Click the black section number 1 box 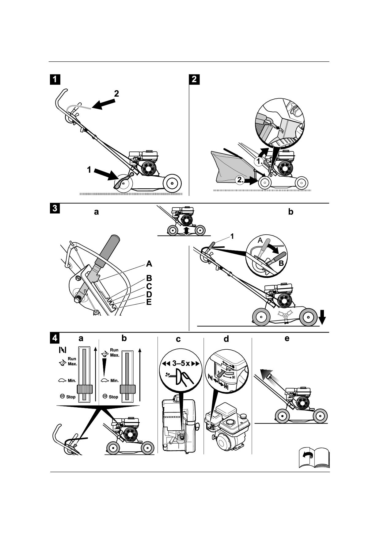coord(55,79)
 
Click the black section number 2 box coord(194,79)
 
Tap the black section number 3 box coord(55,208)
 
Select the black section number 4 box coord(55,338)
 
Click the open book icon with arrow coord(314,457)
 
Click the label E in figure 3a coord(149,302)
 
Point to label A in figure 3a coord(149,264)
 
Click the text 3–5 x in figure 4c coord(180,363)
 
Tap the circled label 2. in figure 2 coord(240,180)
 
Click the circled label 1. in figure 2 coord(259,161)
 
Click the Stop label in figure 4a coord(70,397)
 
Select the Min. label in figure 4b coord(114,381)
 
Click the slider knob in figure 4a coord(84,389)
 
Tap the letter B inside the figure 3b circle coord(281,263)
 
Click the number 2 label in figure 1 coord(116,94)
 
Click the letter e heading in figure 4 coord(287,338)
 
